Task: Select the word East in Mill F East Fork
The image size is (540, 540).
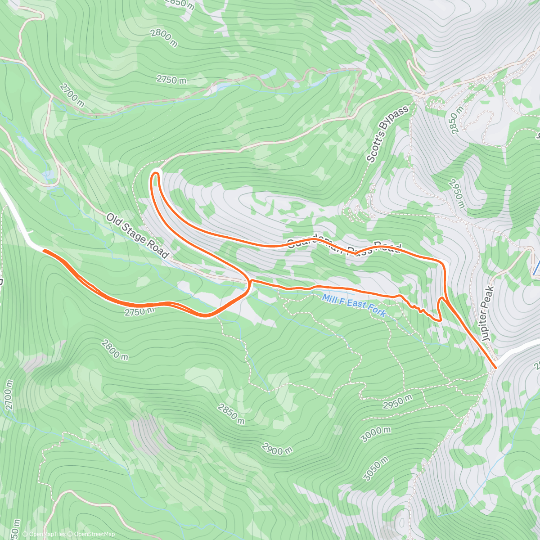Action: (x=356, y=305)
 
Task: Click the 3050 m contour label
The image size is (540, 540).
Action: (x=375, y=468)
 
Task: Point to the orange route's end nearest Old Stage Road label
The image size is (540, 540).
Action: (x=44, y=250)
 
